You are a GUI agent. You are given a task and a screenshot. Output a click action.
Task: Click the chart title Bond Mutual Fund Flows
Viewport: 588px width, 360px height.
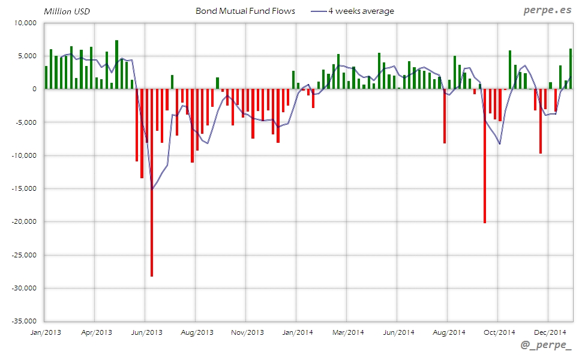(245, 11)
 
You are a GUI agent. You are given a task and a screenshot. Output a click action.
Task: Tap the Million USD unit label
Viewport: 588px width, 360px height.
(67, 11)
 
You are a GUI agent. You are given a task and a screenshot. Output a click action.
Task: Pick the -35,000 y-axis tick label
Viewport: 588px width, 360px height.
(23, 321)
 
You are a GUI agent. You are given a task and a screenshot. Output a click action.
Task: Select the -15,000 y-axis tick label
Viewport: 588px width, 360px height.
(23, 188)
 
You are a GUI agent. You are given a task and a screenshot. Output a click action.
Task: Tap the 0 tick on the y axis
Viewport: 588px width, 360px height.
(34, 89)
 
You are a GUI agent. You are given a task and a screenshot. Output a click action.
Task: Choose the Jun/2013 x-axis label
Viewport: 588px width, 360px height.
(146, 332)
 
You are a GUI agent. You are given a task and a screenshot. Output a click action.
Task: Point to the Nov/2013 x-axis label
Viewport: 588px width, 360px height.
(247, 332)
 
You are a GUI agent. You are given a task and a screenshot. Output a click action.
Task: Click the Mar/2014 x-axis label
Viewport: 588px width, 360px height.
(348, 332)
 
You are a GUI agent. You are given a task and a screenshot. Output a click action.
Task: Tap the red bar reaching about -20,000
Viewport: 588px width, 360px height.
(485, 156)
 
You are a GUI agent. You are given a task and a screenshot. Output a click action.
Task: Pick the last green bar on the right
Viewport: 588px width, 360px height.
(571, 69)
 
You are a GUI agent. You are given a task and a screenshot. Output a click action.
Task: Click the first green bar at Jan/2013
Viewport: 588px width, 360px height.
(46, 77)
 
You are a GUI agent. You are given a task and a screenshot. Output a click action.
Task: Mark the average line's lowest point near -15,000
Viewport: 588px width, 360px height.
(152, 189)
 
